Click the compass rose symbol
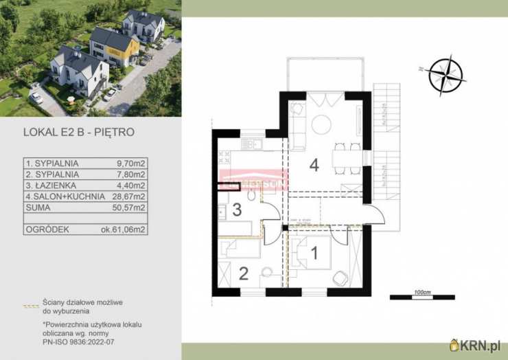click(445, 75)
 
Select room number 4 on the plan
click(314, 165)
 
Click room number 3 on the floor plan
click(236, 210)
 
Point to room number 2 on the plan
click(243, 273)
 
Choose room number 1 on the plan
click(314, 253)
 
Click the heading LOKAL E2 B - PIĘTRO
click(78, 131)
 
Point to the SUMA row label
click(38, 207)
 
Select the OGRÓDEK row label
click(47, 230)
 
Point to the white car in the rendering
click(36, 98)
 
